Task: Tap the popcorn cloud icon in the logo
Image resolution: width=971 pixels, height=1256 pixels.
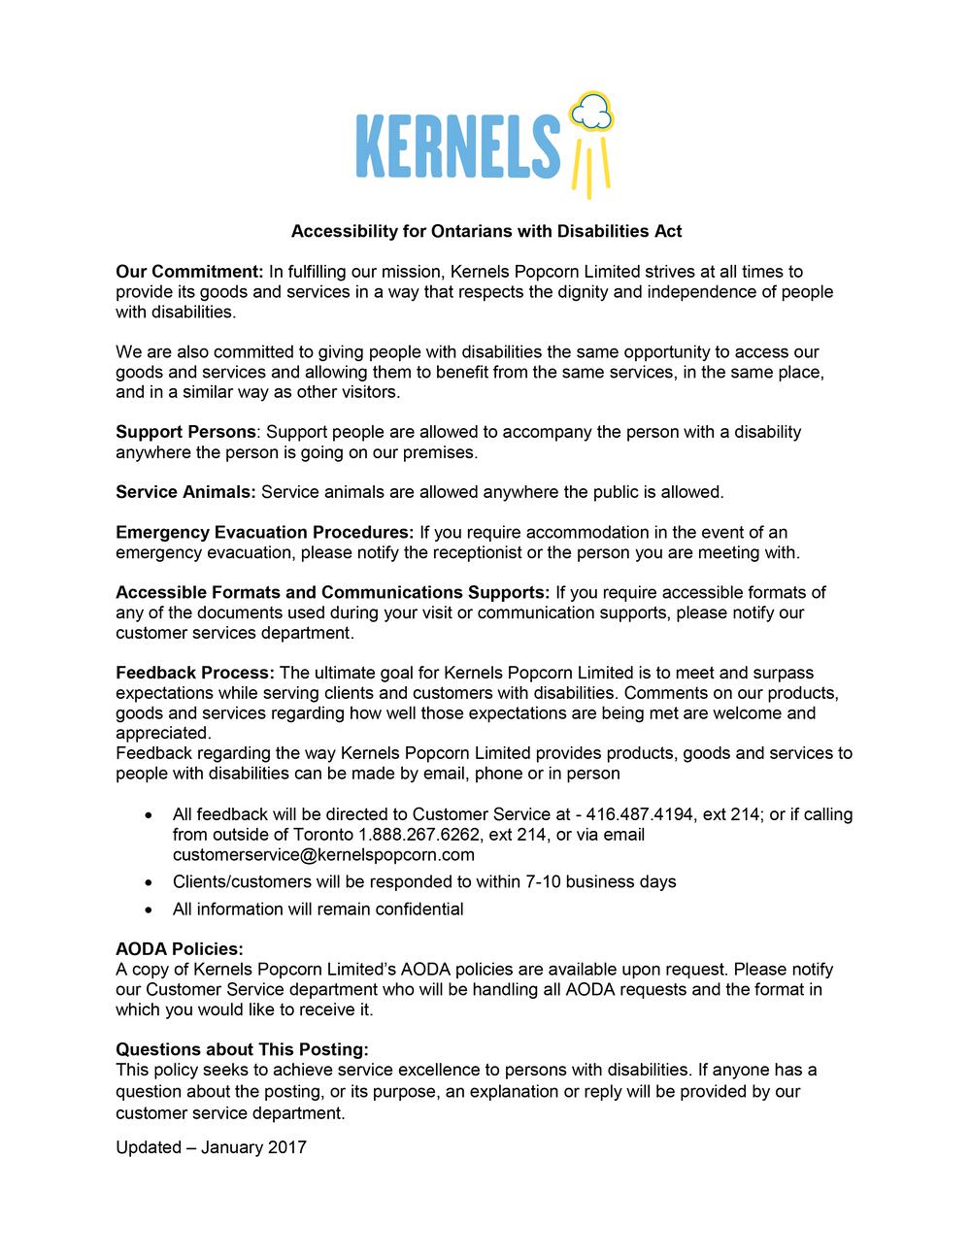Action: pos(592,113)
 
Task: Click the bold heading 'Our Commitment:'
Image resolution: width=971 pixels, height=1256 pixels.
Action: pos(190,272)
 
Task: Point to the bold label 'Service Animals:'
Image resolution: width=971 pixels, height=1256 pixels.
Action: pos(185,492)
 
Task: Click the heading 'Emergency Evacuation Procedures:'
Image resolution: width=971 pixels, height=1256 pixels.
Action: pos(265,533)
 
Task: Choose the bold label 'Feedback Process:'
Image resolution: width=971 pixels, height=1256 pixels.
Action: pos(195,674)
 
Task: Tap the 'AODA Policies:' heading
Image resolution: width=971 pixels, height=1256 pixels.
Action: pos(180,949)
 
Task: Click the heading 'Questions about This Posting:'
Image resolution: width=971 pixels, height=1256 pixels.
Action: pos(243,1050)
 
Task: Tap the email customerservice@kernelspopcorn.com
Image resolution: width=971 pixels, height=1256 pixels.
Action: pos(323,855)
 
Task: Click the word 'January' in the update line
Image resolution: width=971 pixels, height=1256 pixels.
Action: pos(231,1147)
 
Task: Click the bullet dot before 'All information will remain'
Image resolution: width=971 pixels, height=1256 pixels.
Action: pos(148,910)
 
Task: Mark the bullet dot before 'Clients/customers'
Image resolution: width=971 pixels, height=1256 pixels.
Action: pos(148,883)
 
